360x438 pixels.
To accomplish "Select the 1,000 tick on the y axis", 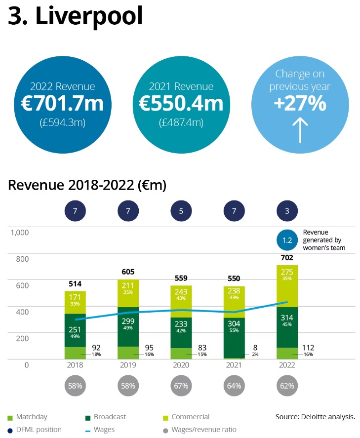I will pos(20,232).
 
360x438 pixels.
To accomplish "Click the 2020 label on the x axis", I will pos(181,365).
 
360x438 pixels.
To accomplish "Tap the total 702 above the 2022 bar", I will pos(287,258).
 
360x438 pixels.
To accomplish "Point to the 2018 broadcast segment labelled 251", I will pos(75,330).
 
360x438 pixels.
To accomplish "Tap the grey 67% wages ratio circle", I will pos(181,385).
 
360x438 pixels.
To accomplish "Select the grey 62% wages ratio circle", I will pos(287,385).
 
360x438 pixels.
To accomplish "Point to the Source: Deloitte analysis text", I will pos(315,417).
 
